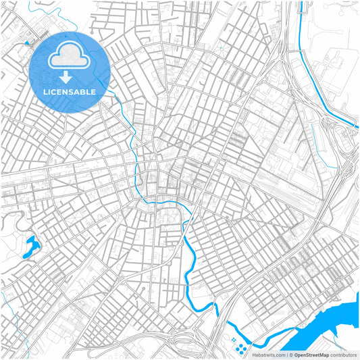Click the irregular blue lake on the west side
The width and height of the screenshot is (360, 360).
click(x=30, y=247)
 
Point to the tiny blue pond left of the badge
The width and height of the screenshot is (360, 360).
click(x=27, y=43)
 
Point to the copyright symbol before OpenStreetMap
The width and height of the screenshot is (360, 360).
click(x=290, y=355)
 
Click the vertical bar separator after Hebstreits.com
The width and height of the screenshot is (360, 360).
click(x=286, y=355)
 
